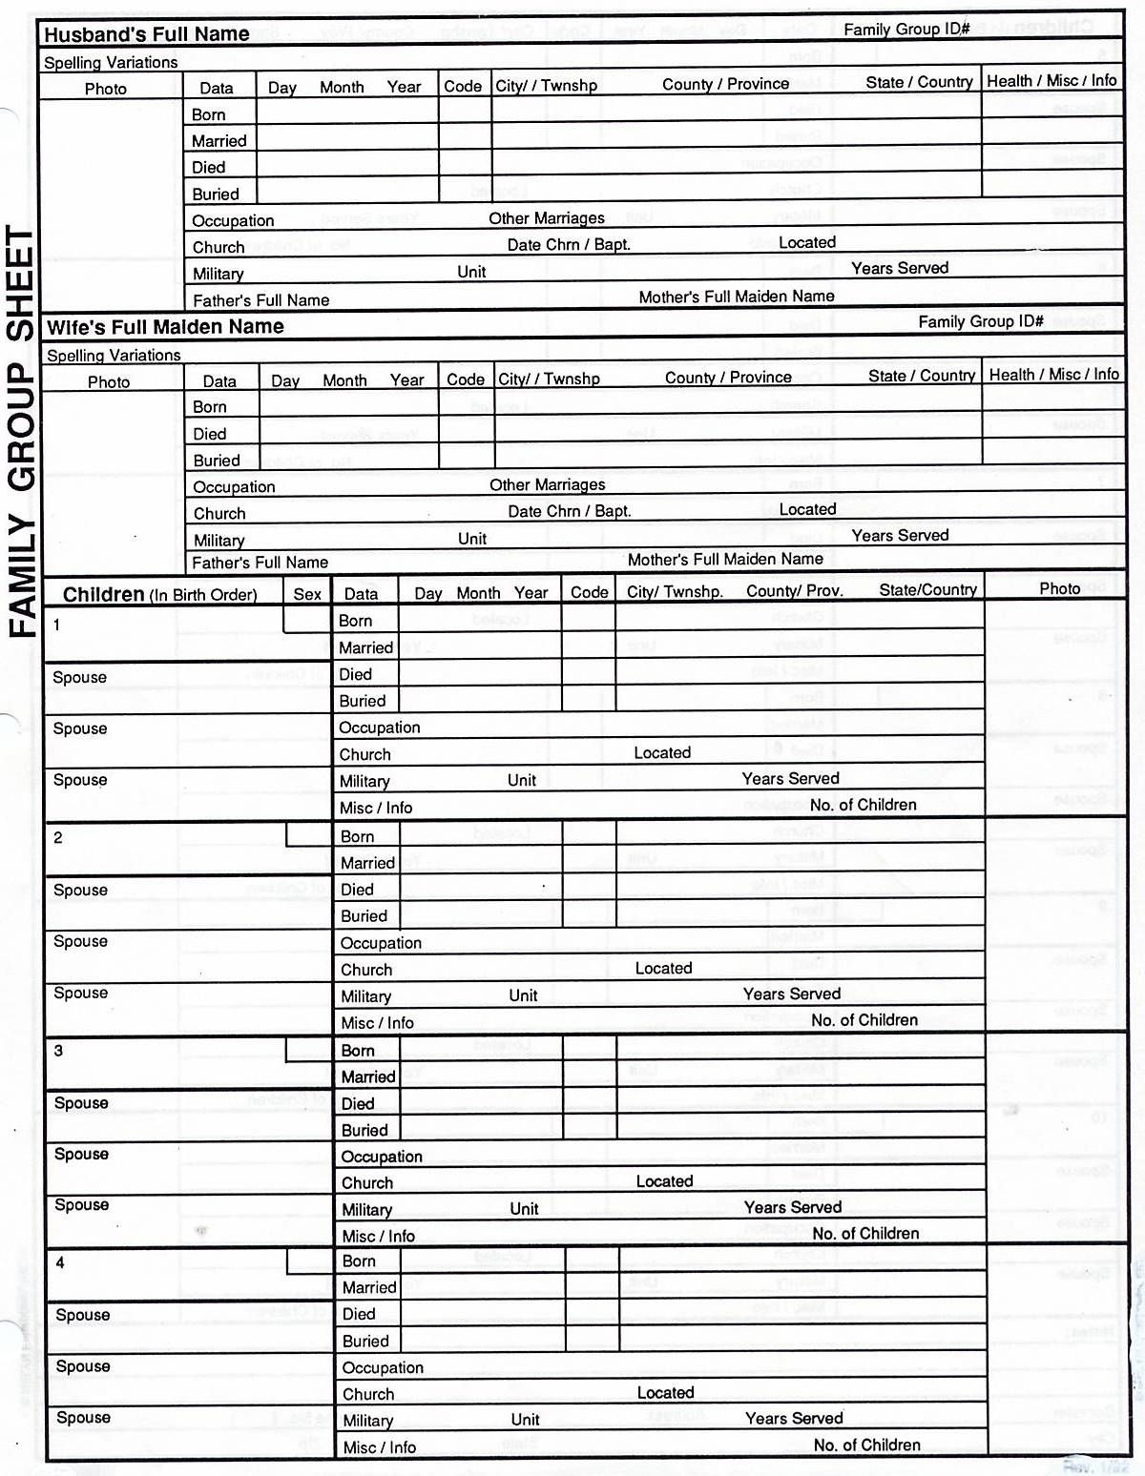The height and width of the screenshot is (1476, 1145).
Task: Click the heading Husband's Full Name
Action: click(x=147, y=34)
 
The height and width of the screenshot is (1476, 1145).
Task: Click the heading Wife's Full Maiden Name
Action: click(x=165, y=327)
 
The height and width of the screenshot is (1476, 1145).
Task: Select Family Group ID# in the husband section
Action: click(x=906, y=30)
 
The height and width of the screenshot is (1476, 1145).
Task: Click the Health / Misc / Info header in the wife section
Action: click(x=1053, y=375)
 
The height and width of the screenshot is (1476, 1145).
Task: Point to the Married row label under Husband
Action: click(x=219, y=141)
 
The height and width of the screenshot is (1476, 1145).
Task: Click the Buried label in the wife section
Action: click(x=217, y=461)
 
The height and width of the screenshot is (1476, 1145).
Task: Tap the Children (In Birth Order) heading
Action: click(x=159, y=595)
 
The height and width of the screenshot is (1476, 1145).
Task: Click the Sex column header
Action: click(x=307, y=594)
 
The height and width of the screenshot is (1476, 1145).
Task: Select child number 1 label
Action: click(x=57, y=625)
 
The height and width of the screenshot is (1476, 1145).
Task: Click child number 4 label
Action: click(x=60, y=1263)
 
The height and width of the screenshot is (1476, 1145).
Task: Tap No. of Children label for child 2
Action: click(x=864, y=1020)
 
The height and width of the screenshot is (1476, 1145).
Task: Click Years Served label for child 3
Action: click(x=792, y=1207)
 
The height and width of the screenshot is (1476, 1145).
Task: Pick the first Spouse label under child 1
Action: click(x=79, y=678)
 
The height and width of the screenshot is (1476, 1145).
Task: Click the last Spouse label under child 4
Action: click(x=83, y=1418)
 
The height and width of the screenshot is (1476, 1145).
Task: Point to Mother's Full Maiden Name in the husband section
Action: click(x=736, y=297)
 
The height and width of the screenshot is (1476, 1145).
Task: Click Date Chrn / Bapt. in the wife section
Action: click(x=569, y=511)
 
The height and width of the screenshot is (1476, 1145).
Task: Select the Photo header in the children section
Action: click(x=1059, y=589)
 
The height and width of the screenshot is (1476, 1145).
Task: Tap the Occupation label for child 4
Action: click(x=383, y=1367)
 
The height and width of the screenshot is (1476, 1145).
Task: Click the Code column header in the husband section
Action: click(x=463, y=86)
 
